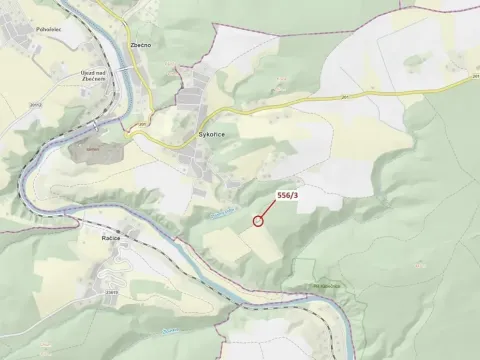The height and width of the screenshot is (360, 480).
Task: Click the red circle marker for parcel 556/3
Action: click(x=258, y=220)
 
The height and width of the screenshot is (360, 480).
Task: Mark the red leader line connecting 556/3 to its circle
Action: click(x=270, y=207)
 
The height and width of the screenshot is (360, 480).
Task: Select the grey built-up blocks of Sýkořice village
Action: click(x=190, y=100)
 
